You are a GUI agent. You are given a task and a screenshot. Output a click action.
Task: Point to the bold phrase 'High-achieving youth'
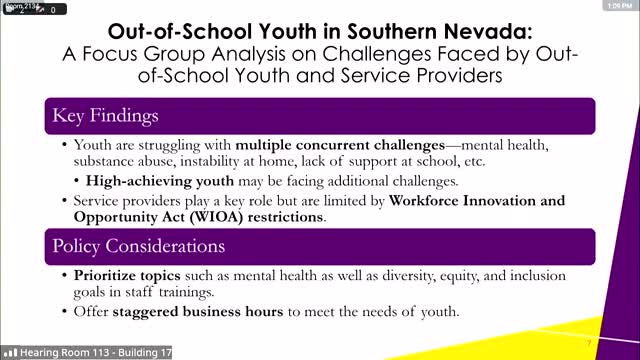click(x=161, y=181)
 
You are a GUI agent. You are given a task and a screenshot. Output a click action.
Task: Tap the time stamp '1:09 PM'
click(x=616, y=7)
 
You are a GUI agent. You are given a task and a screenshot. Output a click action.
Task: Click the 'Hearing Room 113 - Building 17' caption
click(x=76, y=352)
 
